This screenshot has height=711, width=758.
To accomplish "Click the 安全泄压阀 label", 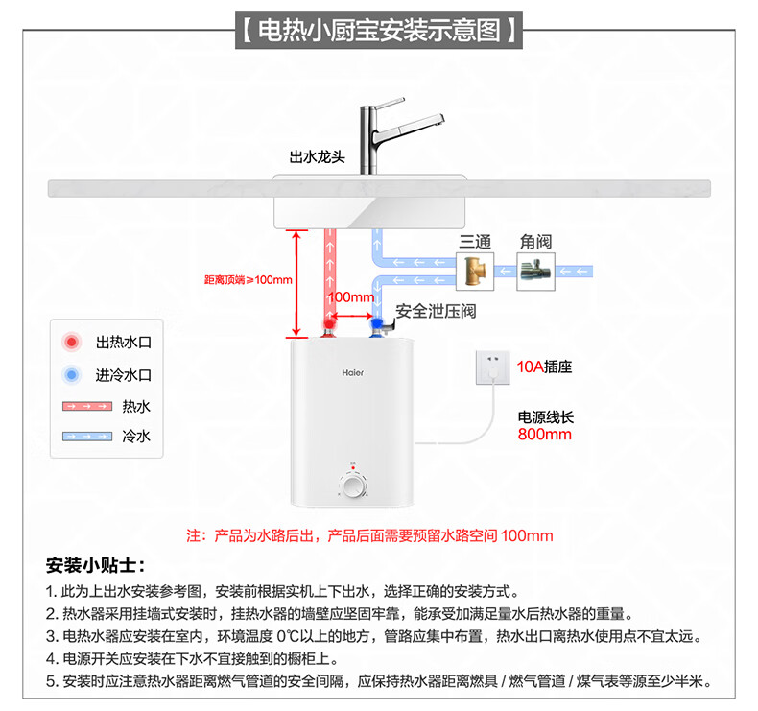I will tap(436, 312).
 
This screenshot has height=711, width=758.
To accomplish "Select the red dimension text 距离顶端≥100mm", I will tap(248, 280).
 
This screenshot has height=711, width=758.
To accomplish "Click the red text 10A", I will tap(530, 367).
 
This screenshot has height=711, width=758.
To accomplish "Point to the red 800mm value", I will tap(544, 434).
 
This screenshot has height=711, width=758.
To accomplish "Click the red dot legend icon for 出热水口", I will tap(70, 342).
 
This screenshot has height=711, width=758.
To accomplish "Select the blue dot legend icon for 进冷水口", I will tap(70, 375).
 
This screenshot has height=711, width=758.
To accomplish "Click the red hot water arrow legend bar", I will tap(84, 407).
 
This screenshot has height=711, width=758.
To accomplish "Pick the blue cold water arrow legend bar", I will tap(84, 436).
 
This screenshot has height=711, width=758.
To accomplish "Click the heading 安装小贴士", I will tap(94, 564).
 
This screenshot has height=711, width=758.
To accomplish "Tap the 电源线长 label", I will tap(545, 417).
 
